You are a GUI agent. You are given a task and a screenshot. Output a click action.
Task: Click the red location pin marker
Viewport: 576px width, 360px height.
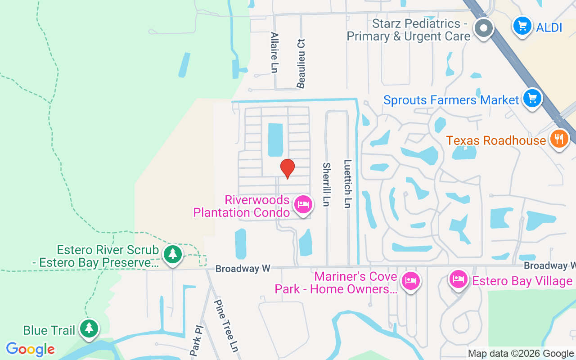(x=288, y=169)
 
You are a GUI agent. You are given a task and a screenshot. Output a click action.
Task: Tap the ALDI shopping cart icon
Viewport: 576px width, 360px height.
(x=522, y=26)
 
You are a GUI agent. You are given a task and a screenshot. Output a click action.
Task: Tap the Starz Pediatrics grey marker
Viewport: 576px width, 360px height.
(x=484, y=28)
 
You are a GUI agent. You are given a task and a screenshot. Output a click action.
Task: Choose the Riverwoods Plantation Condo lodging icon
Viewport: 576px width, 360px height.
(x=303, y=205)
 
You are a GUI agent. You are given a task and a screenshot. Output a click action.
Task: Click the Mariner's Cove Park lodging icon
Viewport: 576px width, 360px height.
(x=410, y=281)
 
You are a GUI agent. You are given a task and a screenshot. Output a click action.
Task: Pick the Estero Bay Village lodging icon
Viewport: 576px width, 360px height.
(x=459, y=279)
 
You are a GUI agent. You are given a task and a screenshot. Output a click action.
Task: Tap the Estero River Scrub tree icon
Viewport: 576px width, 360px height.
(x=172, y=254)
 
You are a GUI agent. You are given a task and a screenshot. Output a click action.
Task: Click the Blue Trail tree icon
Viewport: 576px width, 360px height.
(x=89, y=328)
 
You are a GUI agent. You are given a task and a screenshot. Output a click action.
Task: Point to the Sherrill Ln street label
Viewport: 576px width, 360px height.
(x=326, y=184)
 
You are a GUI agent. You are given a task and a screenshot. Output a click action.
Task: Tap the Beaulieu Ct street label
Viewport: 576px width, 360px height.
(x=301, y=63)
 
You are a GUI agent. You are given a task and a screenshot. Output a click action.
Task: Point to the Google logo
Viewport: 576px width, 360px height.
(x=30, y=349)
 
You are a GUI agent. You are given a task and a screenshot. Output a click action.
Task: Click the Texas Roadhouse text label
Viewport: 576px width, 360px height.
(x=496, y=140)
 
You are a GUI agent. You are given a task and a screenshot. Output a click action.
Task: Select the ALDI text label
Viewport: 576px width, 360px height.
(x=549, y=27)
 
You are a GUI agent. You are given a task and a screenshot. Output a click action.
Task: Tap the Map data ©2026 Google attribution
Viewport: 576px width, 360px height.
(x=521, y=354)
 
